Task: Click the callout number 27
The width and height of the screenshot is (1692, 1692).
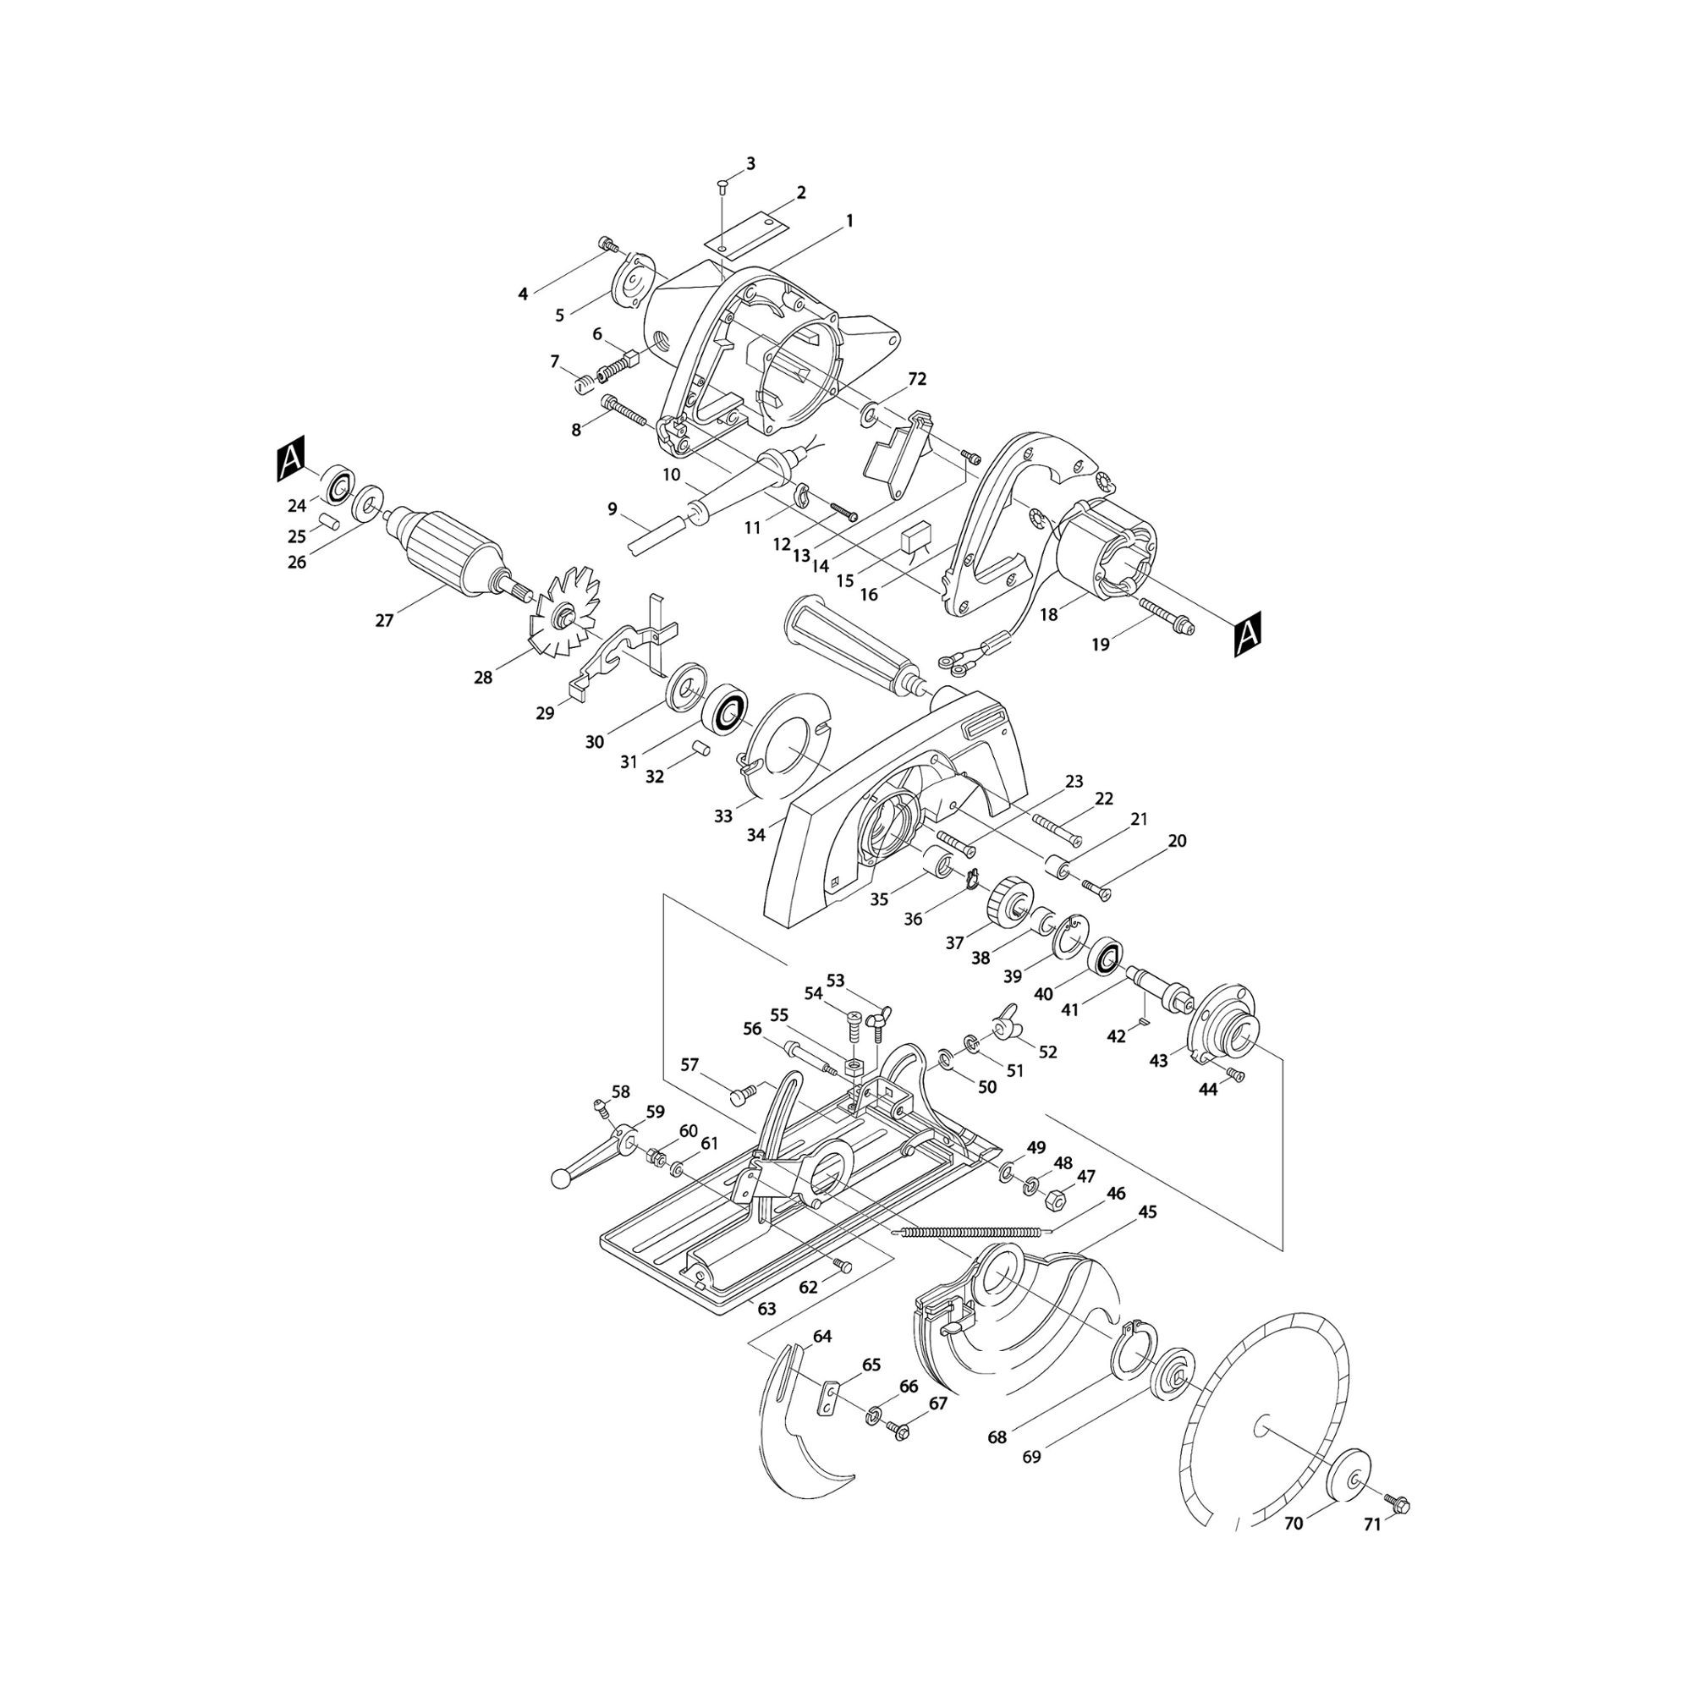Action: [383, 620]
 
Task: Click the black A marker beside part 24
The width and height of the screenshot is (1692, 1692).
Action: [291, 458]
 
